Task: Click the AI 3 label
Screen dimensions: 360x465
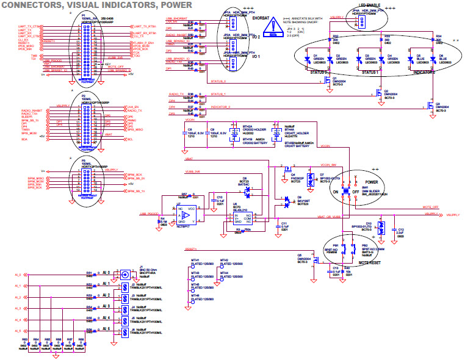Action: click(x=107, y=307)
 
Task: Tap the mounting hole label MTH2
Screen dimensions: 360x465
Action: click(x=224, y=260)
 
